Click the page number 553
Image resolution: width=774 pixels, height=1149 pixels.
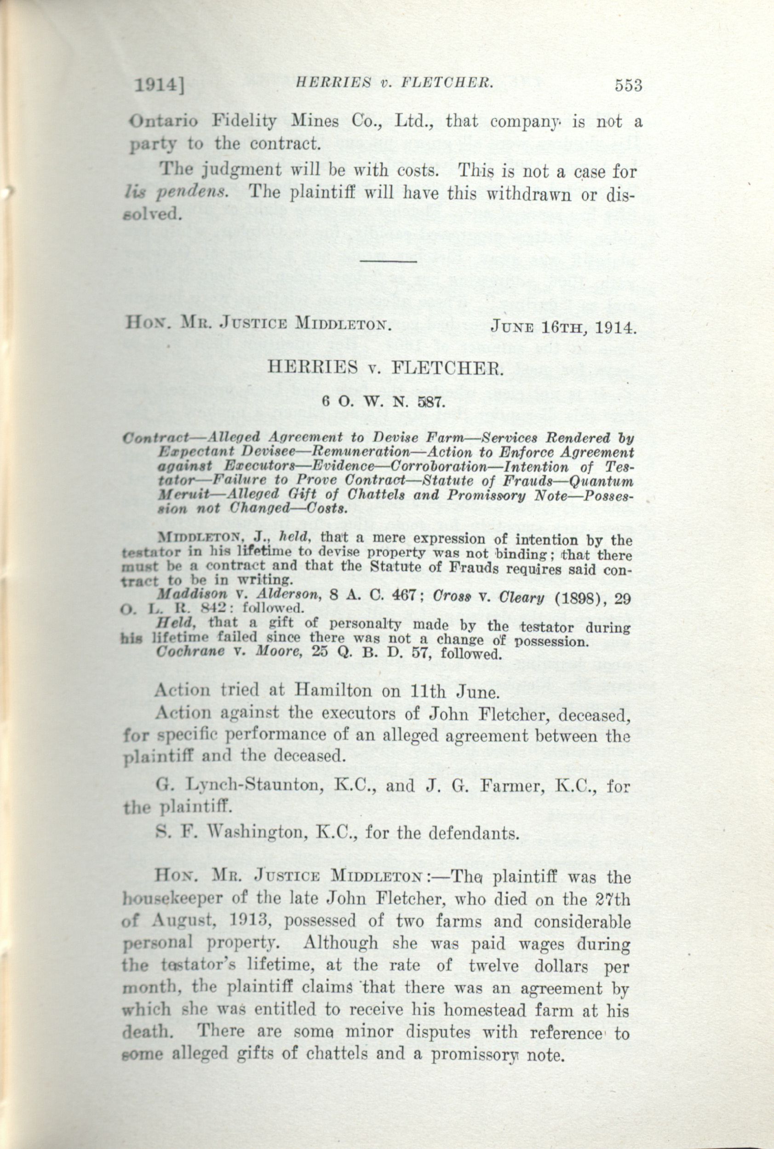(x=628, y=86)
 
